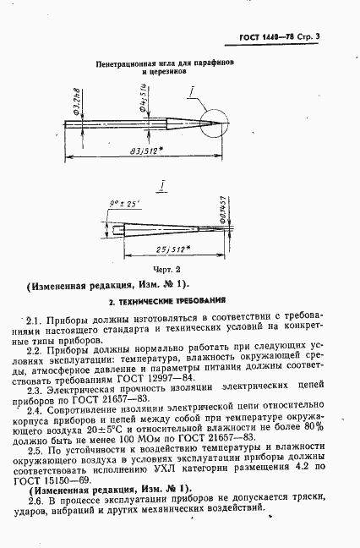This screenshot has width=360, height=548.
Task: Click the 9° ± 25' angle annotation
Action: click(x=124, y=203)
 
